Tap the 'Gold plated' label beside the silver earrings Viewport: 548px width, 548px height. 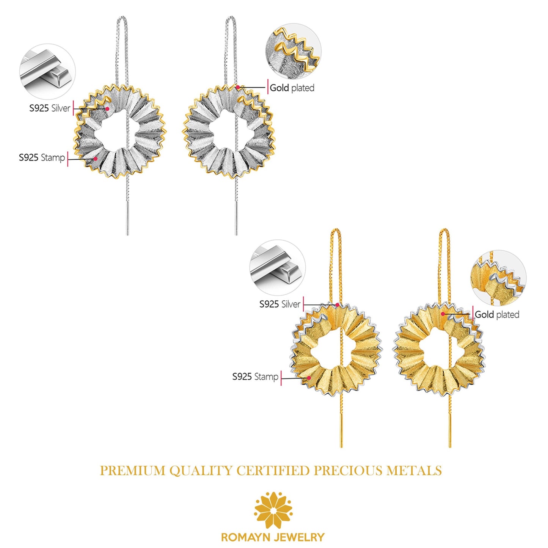pos(292,88)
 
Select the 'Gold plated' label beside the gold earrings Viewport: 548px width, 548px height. pos(497,314)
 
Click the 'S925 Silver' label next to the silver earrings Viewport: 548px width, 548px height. pos(50,108)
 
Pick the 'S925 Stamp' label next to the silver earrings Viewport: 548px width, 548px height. pos(42,157)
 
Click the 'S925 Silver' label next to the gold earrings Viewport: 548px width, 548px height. pos(280,304)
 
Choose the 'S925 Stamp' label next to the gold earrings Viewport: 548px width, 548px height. pos(255,377)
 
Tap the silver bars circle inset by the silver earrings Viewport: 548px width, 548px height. pos(47,72)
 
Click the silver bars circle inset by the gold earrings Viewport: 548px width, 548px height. pos(278,268)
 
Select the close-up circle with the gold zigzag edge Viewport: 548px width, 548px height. pos(294,52)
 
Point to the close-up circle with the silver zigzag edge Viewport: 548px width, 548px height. pos(499,278)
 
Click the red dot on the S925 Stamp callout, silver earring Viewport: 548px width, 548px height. pos(96,159)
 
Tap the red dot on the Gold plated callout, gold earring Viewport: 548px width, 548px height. pos(443,314)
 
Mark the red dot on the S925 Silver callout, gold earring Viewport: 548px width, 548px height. pos(338,305)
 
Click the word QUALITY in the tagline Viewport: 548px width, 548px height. pos(201,471)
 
